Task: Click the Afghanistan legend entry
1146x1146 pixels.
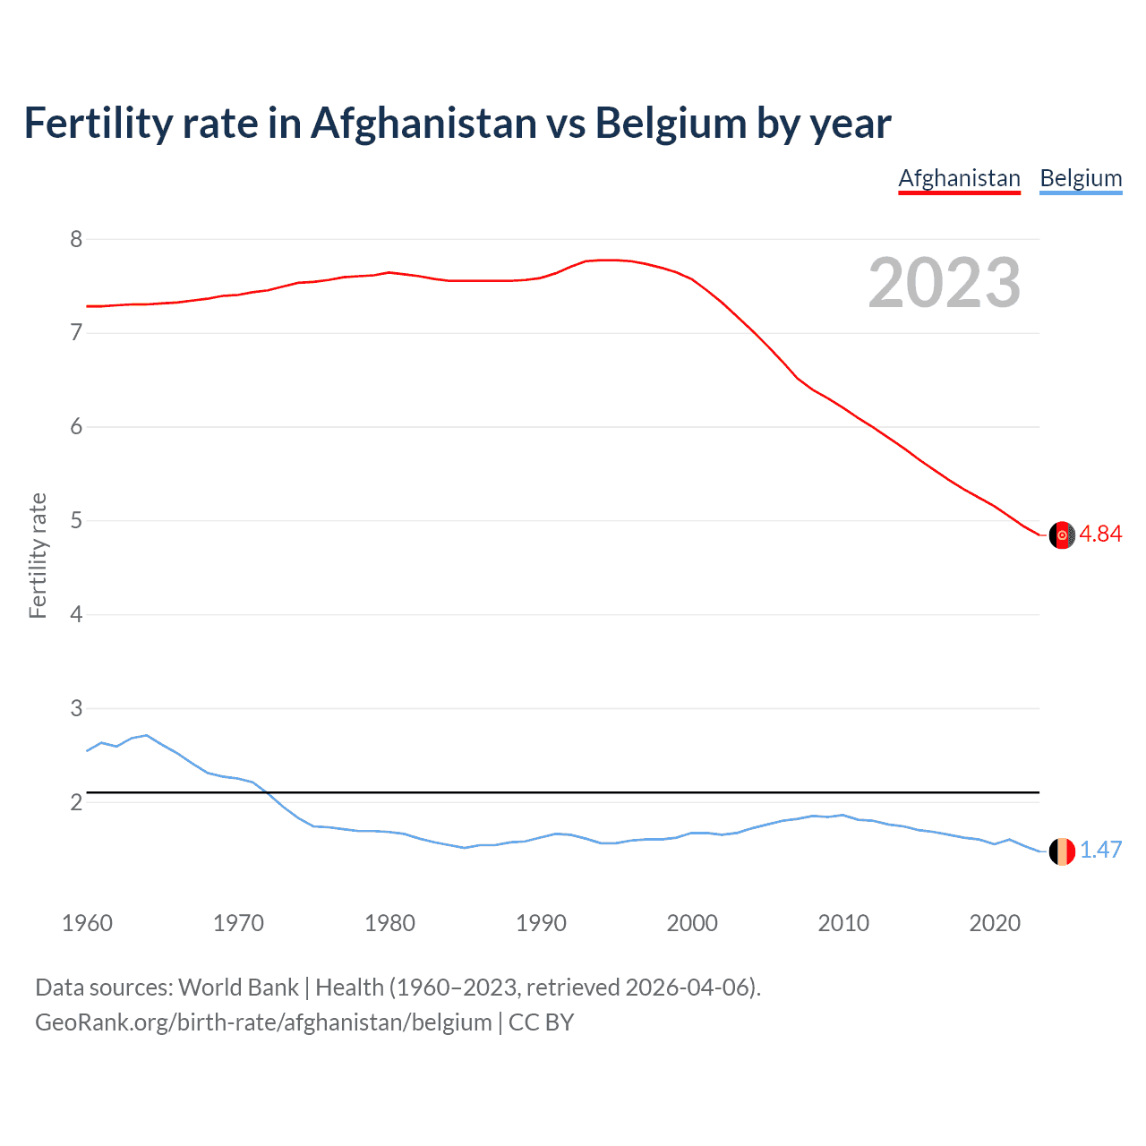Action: coord(959,178)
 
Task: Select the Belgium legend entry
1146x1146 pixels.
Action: coord(1081,178)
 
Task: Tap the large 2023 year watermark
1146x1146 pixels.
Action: coord(945,283)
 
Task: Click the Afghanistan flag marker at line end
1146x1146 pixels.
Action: coord(1062,535)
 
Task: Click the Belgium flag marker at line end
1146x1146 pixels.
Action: coord(1062,851)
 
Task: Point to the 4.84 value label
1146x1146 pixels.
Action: coord(1100,535)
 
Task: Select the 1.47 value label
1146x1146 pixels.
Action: coord(1100,851)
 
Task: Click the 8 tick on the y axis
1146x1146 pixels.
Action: coord(76,239)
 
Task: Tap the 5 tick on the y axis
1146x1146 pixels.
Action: coord(76,520)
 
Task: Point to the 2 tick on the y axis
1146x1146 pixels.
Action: coord(76,802)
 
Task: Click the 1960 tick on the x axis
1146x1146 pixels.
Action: coord(87,923)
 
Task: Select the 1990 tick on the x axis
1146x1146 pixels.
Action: coord(541,923)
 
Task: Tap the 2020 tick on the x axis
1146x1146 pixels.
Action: coord(995,923)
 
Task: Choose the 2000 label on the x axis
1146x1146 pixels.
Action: coord(692,923)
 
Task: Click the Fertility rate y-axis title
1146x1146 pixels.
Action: coord(38,555)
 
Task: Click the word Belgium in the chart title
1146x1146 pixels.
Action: coord(671,124)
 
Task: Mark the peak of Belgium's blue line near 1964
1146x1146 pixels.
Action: coord(147,735)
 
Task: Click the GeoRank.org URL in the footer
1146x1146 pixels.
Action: coord(263,1022)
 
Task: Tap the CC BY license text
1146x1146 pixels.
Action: coord(541,1022)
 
